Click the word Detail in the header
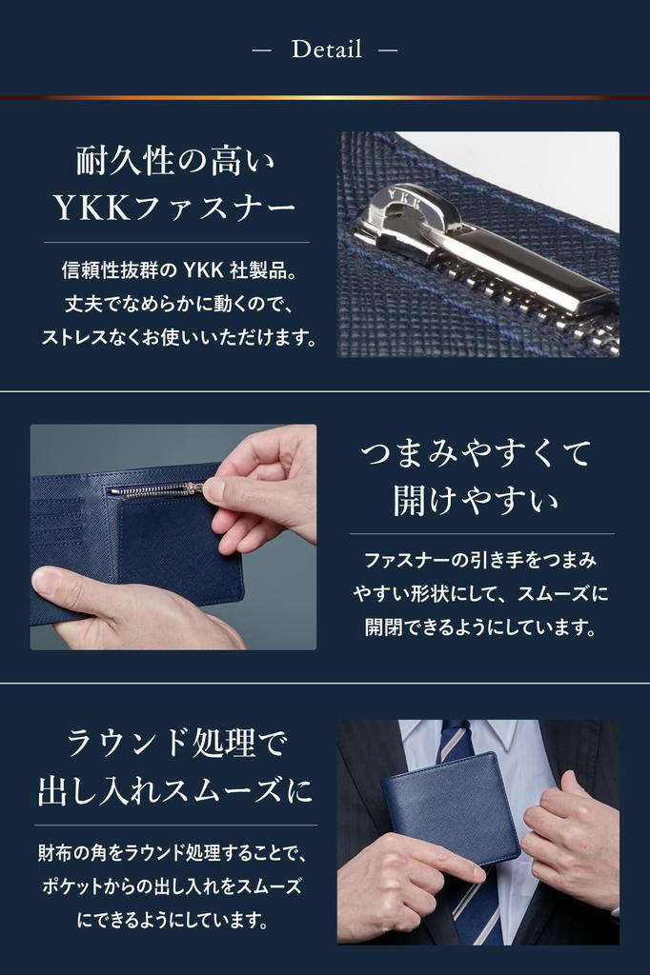[x=326, y=50]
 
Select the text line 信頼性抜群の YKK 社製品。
[x=179, y=271]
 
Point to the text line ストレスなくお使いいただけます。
[x=179, y=338]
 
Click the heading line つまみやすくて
[x=477, y=452]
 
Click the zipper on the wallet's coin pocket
[x=152, y=490]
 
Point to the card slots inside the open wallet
[x=67, y=533]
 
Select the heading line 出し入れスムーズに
[x=176, y=789]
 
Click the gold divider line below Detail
[x=325, y=97]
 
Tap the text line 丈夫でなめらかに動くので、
[x=179, y=305]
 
